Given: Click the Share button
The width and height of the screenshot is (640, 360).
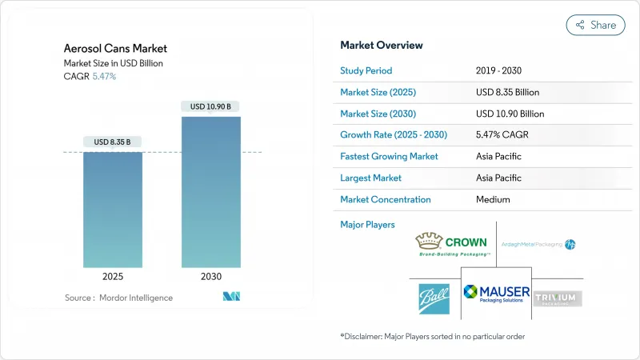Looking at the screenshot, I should [x=596, y=25].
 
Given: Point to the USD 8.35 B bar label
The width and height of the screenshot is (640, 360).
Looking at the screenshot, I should [x=113, y=142].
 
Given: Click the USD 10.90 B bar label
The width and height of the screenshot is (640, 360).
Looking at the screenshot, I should [x=210, y=106].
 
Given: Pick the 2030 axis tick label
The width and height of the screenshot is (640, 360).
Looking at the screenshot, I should [x=210, y=277].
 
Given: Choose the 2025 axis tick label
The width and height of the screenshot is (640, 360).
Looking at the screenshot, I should [x=113, y=277].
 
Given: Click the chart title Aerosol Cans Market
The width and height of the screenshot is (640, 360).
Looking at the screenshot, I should [x=116, y=49].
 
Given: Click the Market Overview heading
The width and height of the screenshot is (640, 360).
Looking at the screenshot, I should [x=382, y=45].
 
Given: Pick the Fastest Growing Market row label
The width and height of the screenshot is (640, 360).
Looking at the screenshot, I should [x=389, y=156].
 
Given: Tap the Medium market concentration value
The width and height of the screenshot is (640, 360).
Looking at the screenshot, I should [x=494, y=199].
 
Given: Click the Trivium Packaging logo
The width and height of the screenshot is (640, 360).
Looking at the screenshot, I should [x=558, y=298].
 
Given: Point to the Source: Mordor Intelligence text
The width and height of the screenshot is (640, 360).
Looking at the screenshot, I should [x=118, y=298].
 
